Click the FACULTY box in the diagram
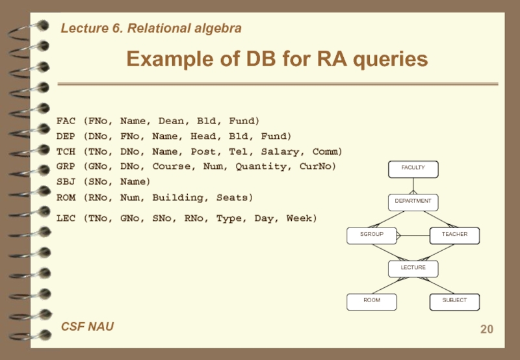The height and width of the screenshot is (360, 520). tap(413, 168)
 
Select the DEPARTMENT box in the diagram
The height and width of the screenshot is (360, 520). tap(413, 201)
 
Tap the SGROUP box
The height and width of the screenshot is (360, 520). tap(372, 235)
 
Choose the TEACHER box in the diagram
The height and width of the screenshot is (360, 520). tap(454, 235)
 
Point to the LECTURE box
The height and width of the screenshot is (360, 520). tap(413, 268)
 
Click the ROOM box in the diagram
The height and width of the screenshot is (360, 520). tap(372, 301)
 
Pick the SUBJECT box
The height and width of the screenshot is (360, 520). tap(454, 301)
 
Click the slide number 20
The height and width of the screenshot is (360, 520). tap(486, 329)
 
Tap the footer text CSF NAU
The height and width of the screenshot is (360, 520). tap(87, 326)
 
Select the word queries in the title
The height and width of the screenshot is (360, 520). tap(390, 59)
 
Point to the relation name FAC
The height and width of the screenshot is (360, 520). tap(66, 121)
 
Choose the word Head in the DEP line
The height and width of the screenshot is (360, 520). tap(200, 136)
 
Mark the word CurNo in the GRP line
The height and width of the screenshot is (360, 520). tap(318, 166)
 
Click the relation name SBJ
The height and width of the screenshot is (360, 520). tap(66, 181)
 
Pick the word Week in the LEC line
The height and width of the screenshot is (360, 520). tap(302, 218)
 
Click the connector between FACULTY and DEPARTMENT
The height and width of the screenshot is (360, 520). tap(413, 186)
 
